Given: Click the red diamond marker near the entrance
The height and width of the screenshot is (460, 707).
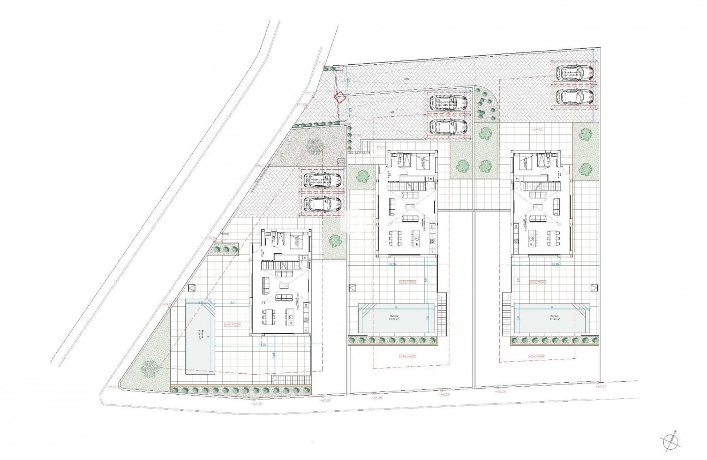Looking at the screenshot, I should coord(339,97).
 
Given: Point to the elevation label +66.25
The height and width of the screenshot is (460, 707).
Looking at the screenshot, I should coord(501,392).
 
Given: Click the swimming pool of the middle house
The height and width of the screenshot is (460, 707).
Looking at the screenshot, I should coord(396,319).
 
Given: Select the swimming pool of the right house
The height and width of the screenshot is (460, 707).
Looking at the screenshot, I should coord(552,319).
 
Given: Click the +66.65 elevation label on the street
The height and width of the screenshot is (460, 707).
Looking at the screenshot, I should coord(378,398).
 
